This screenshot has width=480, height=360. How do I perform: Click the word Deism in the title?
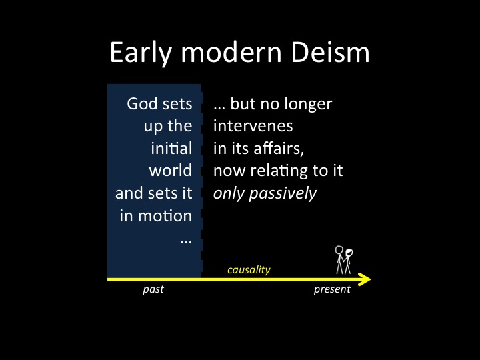[330, 52]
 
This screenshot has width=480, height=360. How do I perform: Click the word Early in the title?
[141, 53]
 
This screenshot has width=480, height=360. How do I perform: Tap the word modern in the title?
[231, 52]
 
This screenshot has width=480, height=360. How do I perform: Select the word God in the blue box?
[142, 103]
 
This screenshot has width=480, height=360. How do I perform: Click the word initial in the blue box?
[171, 148]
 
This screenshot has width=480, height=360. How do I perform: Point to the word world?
[171, 170]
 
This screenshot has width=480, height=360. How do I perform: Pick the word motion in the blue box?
[165, 215]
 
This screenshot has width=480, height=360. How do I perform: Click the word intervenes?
[253, 126]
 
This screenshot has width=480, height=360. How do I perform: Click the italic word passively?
[283, 194]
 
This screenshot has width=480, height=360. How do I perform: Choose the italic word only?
[229, 194]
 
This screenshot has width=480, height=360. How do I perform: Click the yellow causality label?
[249, 270]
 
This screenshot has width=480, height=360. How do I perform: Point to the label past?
[153, 289]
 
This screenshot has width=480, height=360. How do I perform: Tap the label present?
[332, 289]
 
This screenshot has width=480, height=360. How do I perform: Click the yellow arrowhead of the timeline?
[365, 279]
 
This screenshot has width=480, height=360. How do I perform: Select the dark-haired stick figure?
[348, 261]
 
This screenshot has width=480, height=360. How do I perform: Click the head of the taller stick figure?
[339, 250]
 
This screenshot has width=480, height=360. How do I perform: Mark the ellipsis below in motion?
[186, 242]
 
